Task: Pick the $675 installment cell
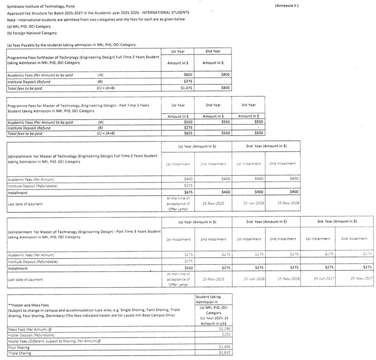click(185, 192)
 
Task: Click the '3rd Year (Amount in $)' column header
click(337, 221)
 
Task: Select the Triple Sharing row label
click(19, 353)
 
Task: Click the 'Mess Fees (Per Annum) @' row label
click(29, 328)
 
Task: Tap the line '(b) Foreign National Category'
click(32, 33)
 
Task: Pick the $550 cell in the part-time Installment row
click(185, 268)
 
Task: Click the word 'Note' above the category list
click(11, 20)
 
